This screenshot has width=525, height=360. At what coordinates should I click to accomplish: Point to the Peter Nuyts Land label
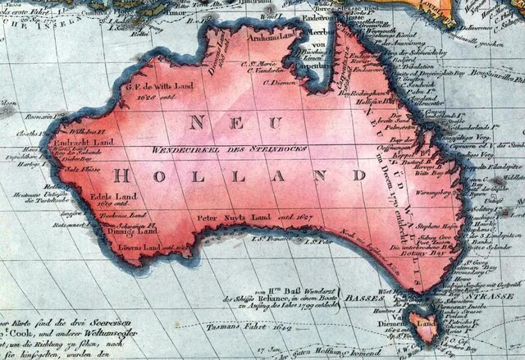point(232,221)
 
